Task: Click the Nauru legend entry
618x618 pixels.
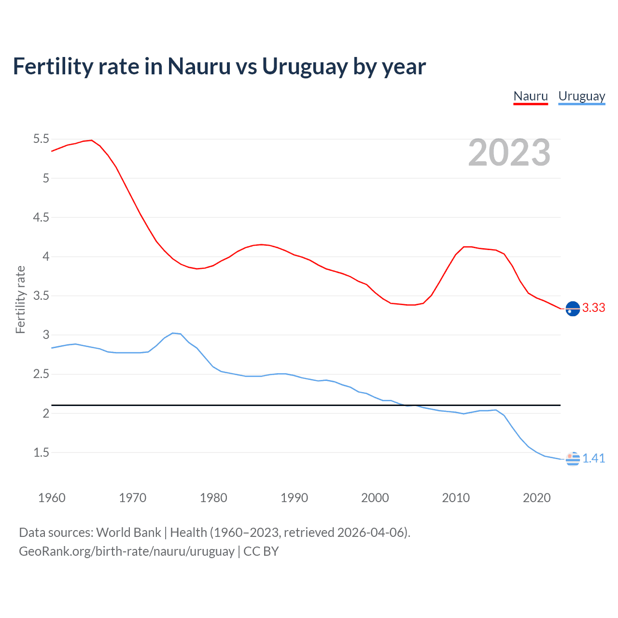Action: pos(531,96)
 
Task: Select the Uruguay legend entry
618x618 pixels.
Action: pos(581,96)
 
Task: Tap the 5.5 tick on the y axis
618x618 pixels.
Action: pos(41,139)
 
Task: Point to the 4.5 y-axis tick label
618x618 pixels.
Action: pos(41,217)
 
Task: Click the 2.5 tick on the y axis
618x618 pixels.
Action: pos(41,374)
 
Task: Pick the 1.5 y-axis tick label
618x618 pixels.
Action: pos(41,452)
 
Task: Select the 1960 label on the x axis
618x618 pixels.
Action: pos(52,498)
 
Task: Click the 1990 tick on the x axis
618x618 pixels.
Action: pos(294,498)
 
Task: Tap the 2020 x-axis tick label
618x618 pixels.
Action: pos(536,498)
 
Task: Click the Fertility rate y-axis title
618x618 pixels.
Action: pos(20,299)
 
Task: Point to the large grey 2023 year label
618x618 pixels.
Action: pos(509,153)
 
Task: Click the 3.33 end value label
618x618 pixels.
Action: pos(593,308)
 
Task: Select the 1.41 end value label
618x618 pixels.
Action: pos(593,459)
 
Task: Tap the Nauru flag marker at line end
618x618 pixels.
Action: pos(573,308)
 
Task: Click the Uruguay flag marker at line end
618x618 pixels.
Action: pos(573,459)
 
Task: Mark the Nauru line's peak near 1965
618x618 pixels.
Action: pos(91,140)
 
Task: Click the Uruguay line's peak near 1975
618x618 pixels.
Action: pos(173,333)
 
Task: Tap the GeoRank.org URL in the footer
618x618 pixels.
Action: pos(126,551)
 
